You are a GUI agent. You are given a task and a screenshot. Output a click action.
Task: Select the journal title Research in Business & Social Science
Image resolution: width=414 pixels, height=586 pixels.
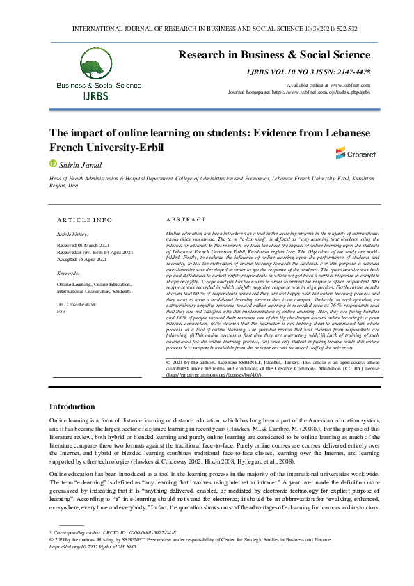point(275,55)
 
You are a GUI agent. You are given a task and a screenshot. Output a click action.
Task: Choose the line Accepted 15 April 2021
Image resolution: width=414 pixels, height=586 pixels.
point(81,259)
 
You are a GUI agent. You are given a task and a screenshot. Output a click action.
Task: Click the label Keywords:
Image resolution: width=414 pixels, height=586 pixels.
point(67,274)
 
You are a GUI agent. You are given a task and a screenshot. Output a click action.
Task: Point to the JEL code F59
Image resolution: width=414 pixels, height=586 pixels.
point(61,312)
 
